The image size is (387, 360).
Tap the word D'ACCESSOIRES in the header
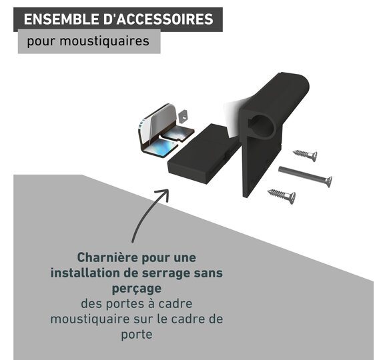(158, 19)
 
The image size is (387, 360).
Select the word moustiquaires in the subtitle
(104, 41)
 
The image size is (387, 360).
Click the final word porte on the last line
(137, 335)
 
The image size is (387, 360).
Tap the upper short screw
(306, 155)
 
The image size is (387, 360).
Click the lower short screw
(282, 195)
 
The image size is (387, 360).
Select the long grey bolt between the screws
(306, 176)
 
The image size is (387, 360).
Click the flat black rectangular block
(202, 153)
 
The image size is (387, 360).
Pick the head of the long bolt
(328, 181)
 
